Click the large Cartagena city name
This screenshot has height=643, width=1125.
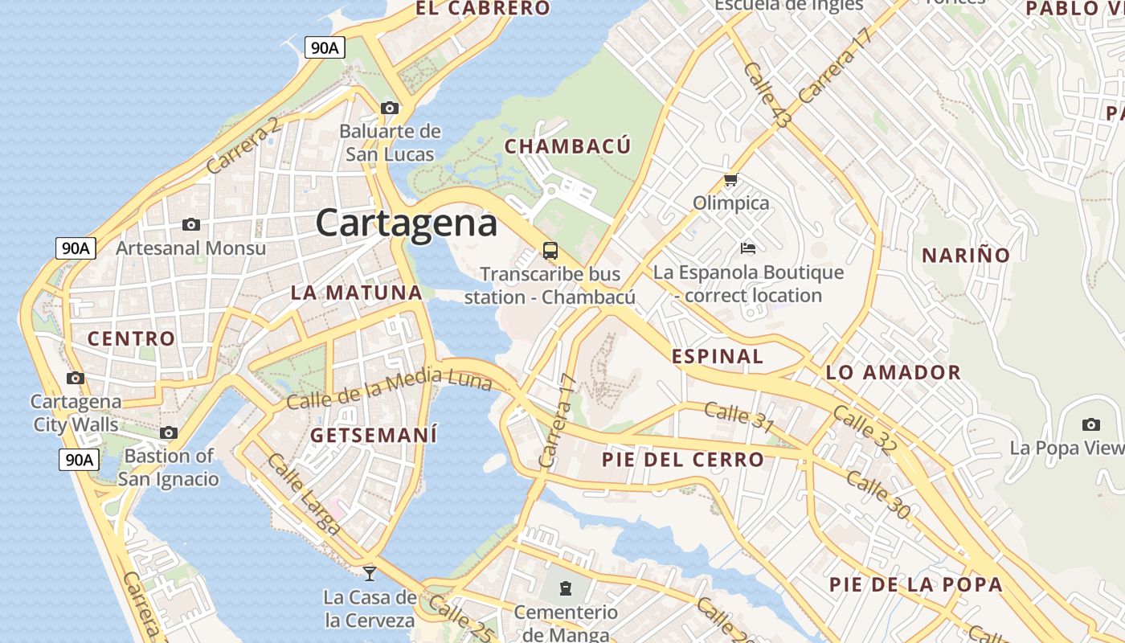[406, 223]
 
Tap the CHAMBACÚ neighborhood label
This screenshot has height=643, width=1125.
[567, 146]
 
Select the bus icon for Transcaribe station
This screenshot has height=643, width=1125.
[550, 251]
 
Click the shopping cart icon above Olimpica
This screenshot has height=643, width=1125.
[730, 179]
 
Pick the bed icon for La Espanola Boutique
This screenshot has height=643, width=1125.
[748, 248]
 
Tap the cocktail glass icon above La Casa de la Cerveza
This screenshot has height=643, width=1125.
[370, 573]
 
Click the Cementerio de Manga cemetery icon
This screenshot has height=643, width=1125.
[566, 588]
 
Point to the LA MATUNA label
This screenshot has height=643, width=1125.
[356, 293]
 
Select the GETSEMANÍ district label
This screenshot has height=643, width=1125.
[374, 436]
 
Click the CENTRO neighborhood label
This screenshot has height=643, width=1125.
[131, 338]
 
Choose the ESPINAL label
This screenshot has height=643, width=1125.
[717, 356]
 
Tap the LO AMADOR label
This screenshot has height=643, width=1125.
[893, 372]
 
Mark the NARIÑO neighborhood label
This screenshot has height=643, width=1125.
[965, 256]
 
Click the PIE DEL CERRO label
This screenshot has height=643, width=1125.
[683, 460]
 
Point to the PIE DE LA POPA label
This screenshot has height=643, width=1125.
[915, 584]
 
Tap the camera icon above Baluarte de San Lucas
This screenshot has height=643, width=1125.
[390, 109]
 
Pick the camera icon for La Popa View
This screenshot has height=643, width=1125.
[1090, 424]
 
